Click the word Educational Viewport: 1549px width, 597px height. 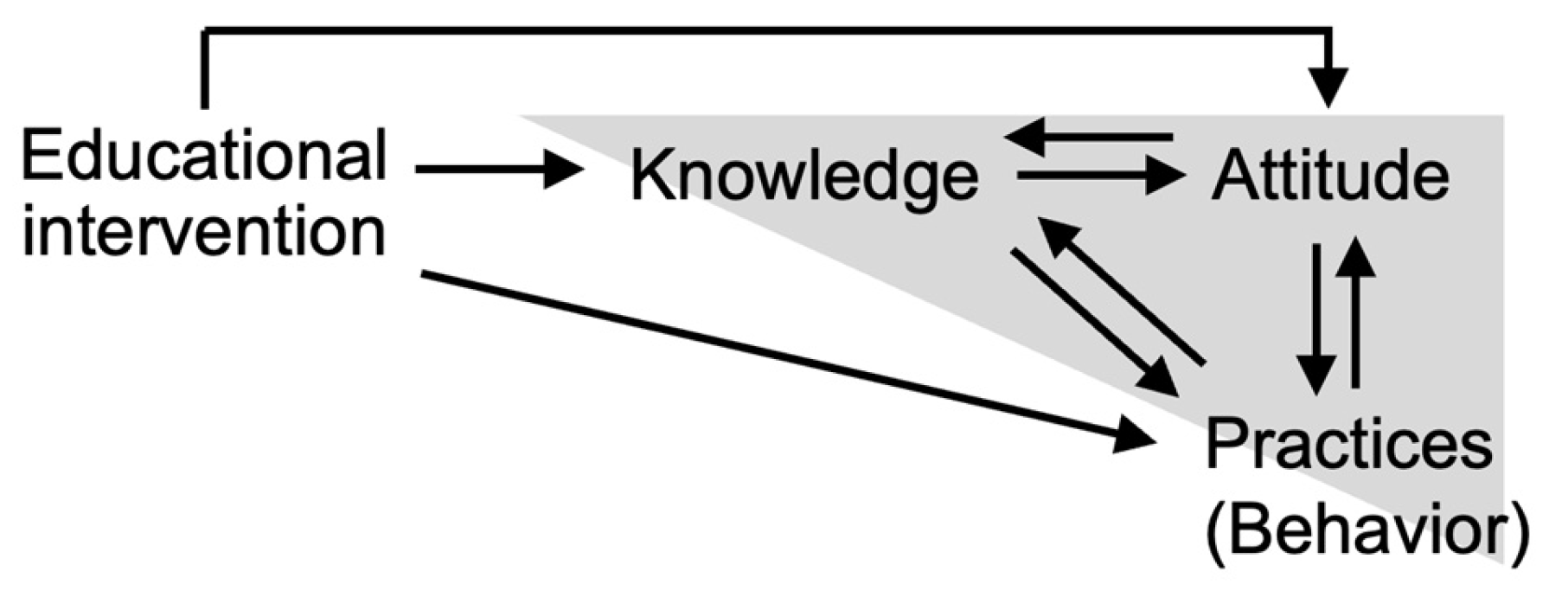click(203, 156)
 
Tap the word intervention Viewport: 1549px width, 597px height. click(203, 231)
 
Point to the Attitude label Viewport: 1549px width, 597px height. click(1329, 176)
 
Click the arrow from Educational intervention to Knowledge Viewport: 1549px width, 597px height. click(497, 170)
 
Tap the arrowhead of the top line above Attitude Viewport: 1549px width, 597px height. click(1329, 87)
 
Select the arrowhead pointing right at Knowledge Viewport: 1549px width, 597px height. click(563, 170)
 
